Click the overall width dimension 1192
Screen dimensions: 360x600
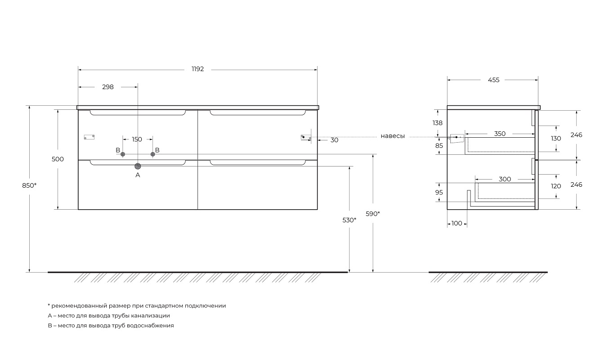point(197,69)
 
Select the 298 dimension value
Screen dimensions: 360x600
point(107,87)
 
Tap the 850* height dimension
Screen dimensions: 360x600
point(29,185)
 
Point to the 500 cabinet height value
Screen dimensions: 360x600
point(58,159)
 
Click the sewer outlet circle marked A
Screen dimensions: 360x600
point(138,166)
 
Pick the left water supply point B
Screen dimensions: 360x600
point(122,154)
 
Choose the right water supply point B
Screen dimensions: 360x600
point(152,154)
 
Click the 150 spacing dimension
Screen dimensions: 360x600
point(137,139)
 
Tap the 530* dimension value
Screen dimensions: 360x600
point(349,220)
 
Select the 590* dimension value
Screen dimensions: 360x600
point(372,214)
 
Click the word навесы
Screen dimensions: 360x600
point(393,136)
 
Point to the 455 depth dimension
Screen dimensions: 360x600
point(493,80)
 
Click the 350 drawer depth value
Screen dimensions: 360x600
point(500,134)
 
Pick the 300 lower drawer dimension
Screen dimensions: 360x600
point(505,179)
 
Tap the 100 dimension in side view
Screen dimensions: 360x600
point(457,223)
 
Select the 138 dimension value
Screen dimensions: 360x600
point(437,123)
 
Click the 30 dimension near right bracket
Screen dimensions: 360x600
point(334,140)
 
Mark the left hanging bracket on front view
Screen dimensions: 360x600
point(89,137)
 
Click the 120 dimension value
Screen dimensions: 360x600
point(556,186)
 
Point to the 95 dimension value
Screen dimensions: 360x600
point(439,192)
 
